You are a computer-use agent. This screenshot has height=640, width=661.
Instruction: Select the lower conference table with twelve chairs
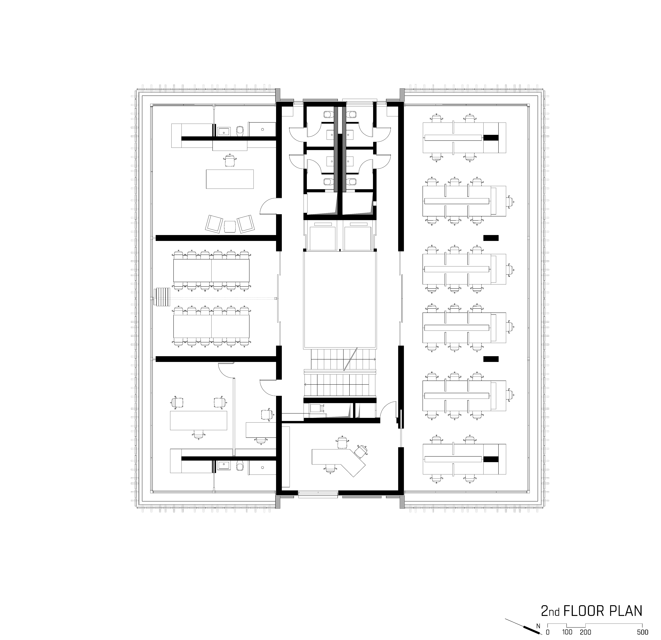212,326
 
